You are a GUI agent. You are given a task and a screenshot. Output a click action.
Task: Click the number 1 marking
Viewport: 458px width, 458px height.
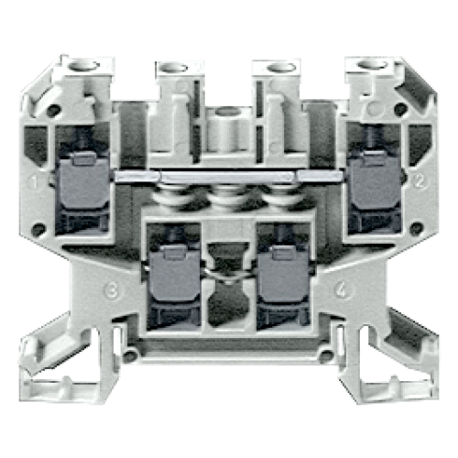click(x=34, y=181)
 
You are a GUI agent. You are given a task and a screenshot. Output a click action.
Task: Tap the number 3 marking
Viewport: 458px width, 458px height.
click(x=112, y=291)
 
